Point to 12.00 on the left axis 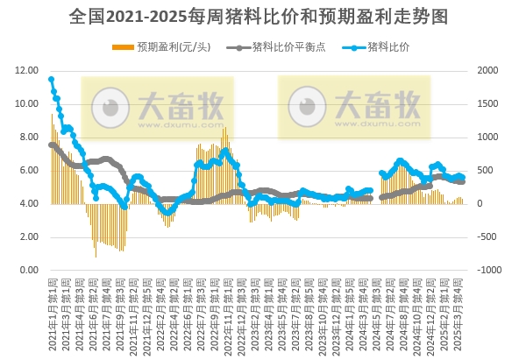click(27, 70)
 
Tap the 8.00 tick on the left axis click(27, 137)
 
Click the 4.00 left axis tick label click(27, 203)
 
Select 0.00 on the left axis click(27, 270)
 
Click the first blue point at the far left click(51, 79)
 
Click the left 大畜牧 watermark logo click(158, 107)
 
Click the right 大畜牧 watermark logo click(355, 107)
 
